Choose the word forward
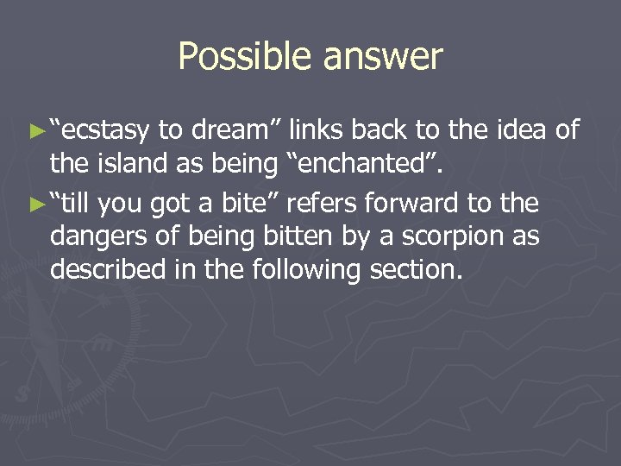(416, 204)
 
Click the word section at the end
(416, 269)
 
